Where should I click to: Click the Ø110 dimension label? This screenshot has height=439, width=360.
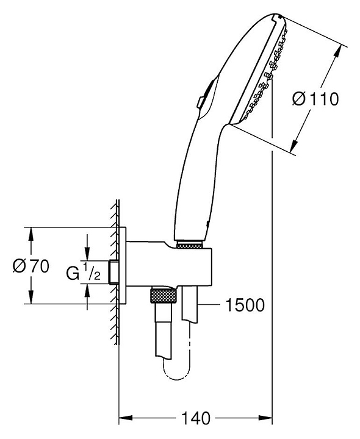(x=315, y=99)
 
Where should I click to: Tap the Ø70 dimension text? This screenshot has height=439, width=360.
(x=31, y=266)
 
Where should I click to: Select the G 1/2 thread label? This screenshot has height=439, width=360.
(x=83, y=271)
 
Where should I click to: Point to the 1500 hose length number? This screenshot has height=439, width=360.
(x=245, y=305)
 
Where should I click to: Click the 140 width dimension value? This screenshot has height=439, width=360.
(x=196, y=418)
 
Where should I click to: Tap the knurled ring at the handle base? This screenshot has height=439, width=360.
(x=189, y=246)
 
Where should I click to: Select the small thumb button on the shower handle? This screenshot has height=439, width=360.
(x=200, y=102)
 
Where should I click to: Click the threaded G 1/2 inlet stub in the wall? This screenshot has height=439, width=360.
(x=113, y=272)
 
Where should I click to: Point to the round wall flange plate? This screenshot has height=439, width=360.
(x=123, y=265)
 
